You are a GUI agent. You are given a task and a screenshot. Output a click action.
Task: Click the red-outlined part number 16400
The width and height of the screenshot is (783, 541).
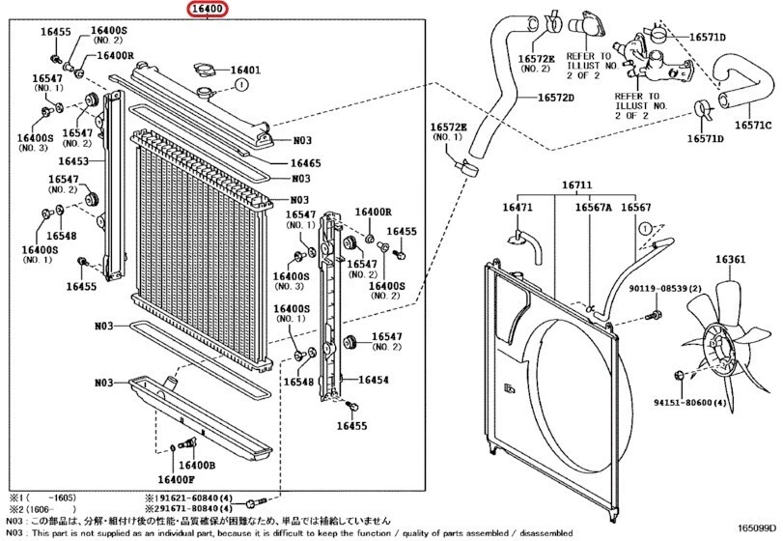click(208, 12)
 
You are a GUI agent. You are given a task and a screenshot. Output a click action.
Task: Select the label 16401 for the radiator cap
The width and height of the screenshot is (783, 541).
click(244, 71)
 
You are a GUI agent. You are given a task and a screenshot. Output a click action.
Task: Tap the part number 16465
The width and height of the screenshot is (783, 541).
click(306, 163)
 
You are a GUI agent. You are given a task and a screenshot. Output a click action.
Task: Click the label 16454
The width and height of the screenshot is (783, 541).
click(373, 381)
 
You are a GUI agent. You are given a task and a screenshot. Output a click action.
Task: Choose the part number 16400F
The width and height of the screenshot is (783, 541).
click(177, 476)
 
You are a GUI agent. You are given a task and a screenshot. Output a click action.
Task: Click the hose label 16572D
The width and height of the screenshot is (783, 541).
click(556, 99)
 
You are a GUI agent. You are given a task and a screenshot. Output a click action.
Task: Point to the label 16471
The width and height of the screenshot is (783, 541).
click(517, 208)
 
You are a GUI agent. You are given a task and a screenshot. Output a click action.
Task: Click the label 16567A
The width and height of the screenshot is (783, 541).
click(595, 208)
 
